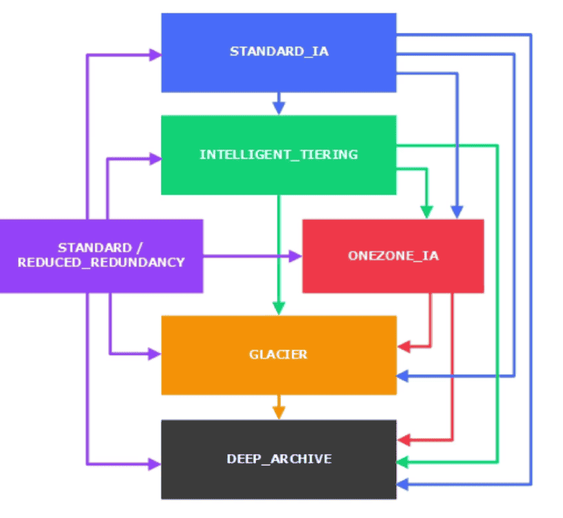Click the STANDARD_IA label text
click(x=279, y=52)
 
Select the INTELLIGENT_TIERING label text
click(x=278, y=154)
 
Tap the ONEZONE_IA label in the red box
click(x=393, y=255)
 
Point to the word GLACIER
click(x=278, y=354)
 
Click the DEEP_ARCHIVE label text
click(x=279, y=458)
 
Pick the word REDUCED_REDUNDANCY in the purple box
click(x=101, y=263)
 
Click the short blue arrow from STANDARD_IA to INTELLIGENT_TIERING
click(x=279, y=104)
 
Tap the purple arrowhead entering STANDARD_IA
click(x=155, y=55)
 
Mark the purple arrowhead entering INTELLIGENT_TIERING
click(x=155, y=159)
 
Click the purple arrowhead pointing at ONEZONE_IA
click(x=296, y=257)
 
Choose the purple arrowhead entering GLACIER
click(x=155, y=354)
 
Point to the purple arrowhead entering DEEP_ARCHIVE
click(x=155, y=465)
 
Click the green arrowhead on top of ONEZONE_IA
click(x=427, y=212)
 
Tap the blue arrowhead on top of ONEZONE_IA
click(x=457, y=212)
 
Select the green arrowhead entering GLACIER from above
click(x=279, y=309)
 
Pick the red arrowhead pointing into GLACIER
click(x=403, y=348)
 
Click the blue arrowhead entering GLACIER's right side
click(x=403, y=376)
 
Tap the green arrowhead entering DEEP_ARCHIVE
click(x=403, y=463)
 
